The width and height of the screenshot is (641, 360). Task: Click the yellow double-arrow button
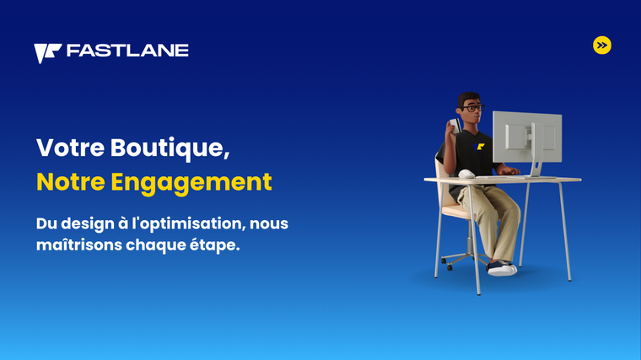point(601,46)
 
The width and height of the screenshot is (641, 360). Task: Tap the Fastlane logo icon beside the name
point(47,53)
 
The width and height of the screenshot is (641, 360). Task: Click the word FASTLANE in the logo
point(127,51)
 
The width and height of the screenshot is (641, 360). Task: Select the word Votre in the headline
point(70,148)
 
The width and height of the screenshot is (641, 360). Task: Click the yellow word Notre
point(71,182)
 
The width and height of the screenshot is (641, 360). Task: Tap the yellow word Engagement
point(191,183)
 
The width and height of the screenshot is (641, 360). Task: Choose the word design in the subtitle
point(83,224)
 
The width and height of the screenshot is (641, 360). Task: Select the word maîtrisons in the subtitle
point(79,245)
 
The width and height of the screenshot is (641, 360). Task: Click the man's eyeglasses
point(473,109)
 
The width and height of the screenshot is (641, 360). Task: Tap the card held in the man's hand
point(455,125)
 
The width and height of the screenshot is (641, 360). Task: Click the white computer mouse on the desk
point(466,174)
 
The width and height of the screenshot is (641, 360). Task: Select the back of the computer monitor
point(527,137)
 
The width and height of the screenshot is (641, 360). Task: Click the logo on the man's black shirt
point(479,147)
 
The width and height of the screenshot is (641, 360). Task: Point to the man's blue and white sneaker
point(502,268)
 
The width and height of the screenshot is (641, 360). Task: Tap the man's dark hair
point(467,99)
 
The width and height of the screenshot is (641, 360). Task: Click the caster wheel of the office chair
point(450,267)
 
